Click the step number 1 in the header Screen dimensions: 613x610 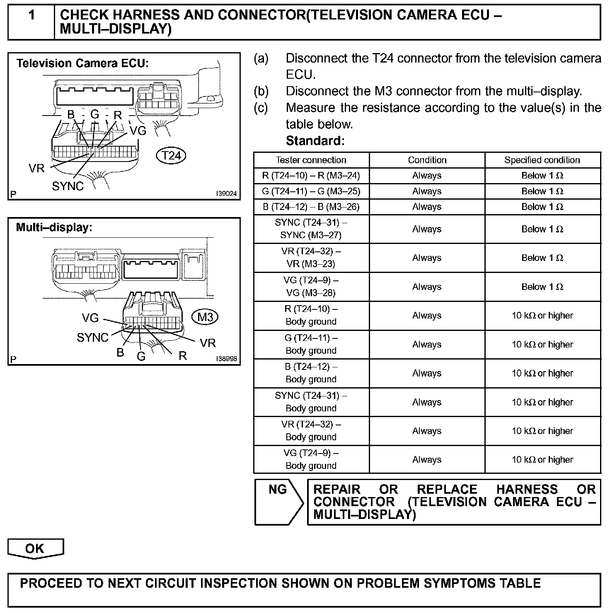pyautogui.click(x=31, y=16)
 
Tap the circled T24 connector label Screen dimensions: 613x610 pyautogui.click(x=171, y=156)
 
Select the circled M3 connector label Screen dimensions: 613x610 pyautogui.click(x=205, y=317)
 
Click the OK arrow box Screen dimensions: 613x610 pyautogui.click(x=35, y=548)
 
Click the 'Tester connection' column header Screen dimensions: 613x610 pyautogui.click(x=311, y=160)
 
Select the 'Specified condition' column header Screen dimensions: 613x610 pyautogui.click(x=542, y=160)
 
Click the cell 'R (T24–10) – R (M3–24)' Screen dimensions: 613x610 pyautogui.click(x=311, y=176)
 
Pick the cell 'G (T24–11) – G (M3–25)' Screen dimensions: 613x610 pyautogui.click(x=311, y=191)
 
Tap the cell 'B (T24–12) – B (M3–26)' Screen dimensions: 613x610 pyautogui.click(x=311, y=207)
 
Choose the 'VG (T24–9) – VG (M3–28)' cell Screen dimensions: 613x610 pyautogui.click(x=311, y=287)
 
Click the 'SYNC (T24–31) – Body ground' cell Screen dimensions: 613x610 pyautogui.click(x=311, y=402)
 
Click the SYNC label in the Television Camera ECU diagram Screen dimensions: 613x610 pyautogui.click(x=68, y=186)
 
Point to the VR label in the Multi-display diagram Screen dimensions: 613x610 pyautogui.click(x=208, y=343)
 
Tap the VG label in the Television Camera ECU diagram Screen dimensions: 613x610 pyautogui.click(x=138, y=131)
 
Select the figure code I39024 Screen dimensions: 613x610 pyautogui.click(x=226, y=194)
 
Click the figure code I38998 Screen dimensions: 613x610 pyautogui.click(x=226, y=359)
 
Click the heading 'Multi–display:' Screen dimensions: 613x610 pyautogui.click(x=54, y=227)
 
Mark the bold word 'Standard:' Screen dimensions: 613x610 pyautogui.click(x=315, y=141)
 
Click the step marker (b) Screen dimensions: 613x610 pyautogui.click(x=261, y=91)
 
